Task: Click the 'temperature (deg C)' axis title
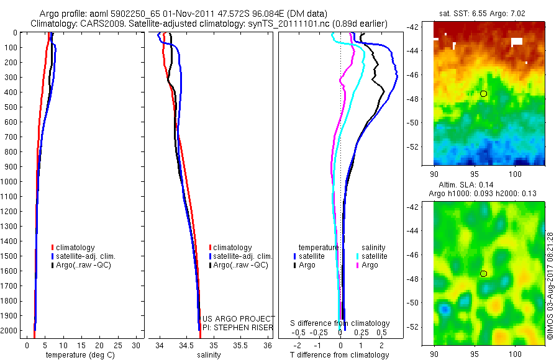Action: coord(78,355)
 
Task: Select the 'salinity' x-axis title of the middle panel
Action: coord(209,355)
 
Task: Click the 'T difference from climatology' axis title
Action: coord(339,355)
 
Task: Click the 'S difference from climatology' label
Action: coord(340,323)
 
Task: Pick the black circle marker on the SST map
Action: coord(484,94)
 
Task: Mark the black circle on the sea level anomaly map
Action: coord(484,273)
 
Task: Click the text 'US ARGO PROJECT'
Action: coord(239,318)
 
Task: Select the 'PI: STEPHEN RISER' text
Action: coord(239,326)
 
